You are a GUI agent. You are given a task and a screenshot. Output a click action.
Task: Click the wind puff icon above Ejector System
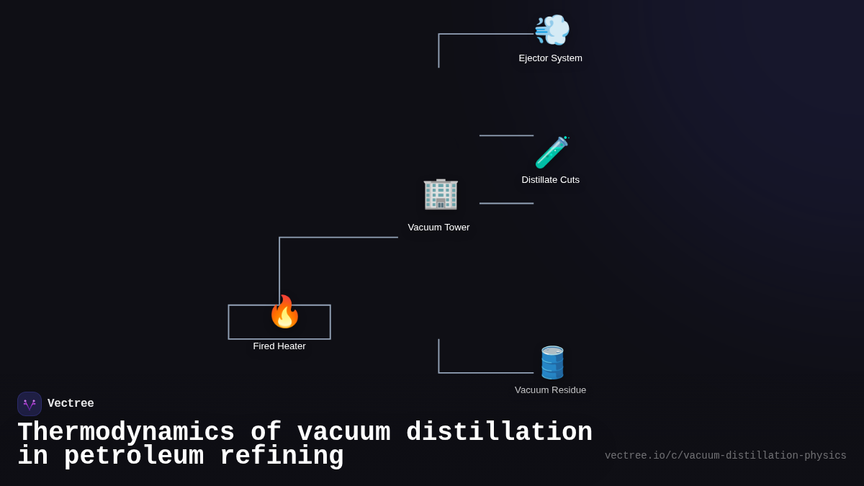tap(552, 30)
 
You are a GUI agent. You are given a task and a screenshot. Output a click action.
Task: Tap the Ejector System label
tap(550, 58)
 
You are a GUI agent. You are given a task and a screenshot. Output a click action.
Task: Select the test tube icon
tap(552, 153)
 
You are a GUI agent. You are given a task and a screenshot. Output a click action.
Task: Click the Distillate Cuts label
tap(550, 180)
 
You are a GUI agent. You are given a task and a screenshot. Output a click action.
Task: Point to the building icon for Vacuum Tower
tap(440, 194)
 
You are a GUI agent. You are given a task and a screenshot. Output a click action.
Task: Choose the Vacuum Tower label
tap(438, 228)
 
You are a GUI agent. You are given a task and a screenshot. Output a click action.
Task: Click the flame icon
tap(284, 312)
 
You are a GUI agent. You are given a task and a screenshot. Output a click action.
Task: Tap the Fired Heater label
tap(279, 346)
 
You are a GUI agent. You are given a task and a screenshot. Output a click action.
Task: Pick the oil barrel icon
tap(552, 362)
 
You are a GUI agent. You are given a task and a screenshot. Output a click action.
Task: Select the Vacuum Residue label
tap(550, 390)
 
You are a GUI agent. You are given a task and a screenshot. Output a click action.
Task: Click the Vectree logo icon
tap(30, 404)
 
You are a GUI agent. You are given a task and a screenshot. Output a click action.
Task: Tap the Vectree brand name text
tap(71, 404)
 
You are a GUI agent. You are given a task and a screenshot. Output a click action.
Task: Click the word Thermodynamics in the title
tap(126, 433)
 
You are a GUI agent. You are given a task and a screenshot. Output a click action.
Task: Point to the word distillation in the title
tap(499, 433)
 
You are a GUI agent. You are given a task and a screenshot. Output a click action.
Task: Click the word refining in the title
tap(282, 456)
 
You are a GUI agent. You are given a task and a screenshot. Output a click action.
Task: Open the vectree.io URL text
tap(725, 456)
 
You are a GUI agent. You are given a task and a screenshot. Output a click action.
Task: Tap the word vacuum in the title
tap(343, 433)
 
